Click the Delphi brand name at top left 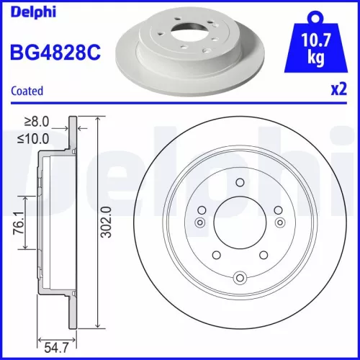pos(30,12)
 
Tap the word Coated pos(27,91)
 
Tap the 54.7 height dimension pos(58,347)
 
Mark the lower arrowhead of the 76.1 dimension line pos(26,247)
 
